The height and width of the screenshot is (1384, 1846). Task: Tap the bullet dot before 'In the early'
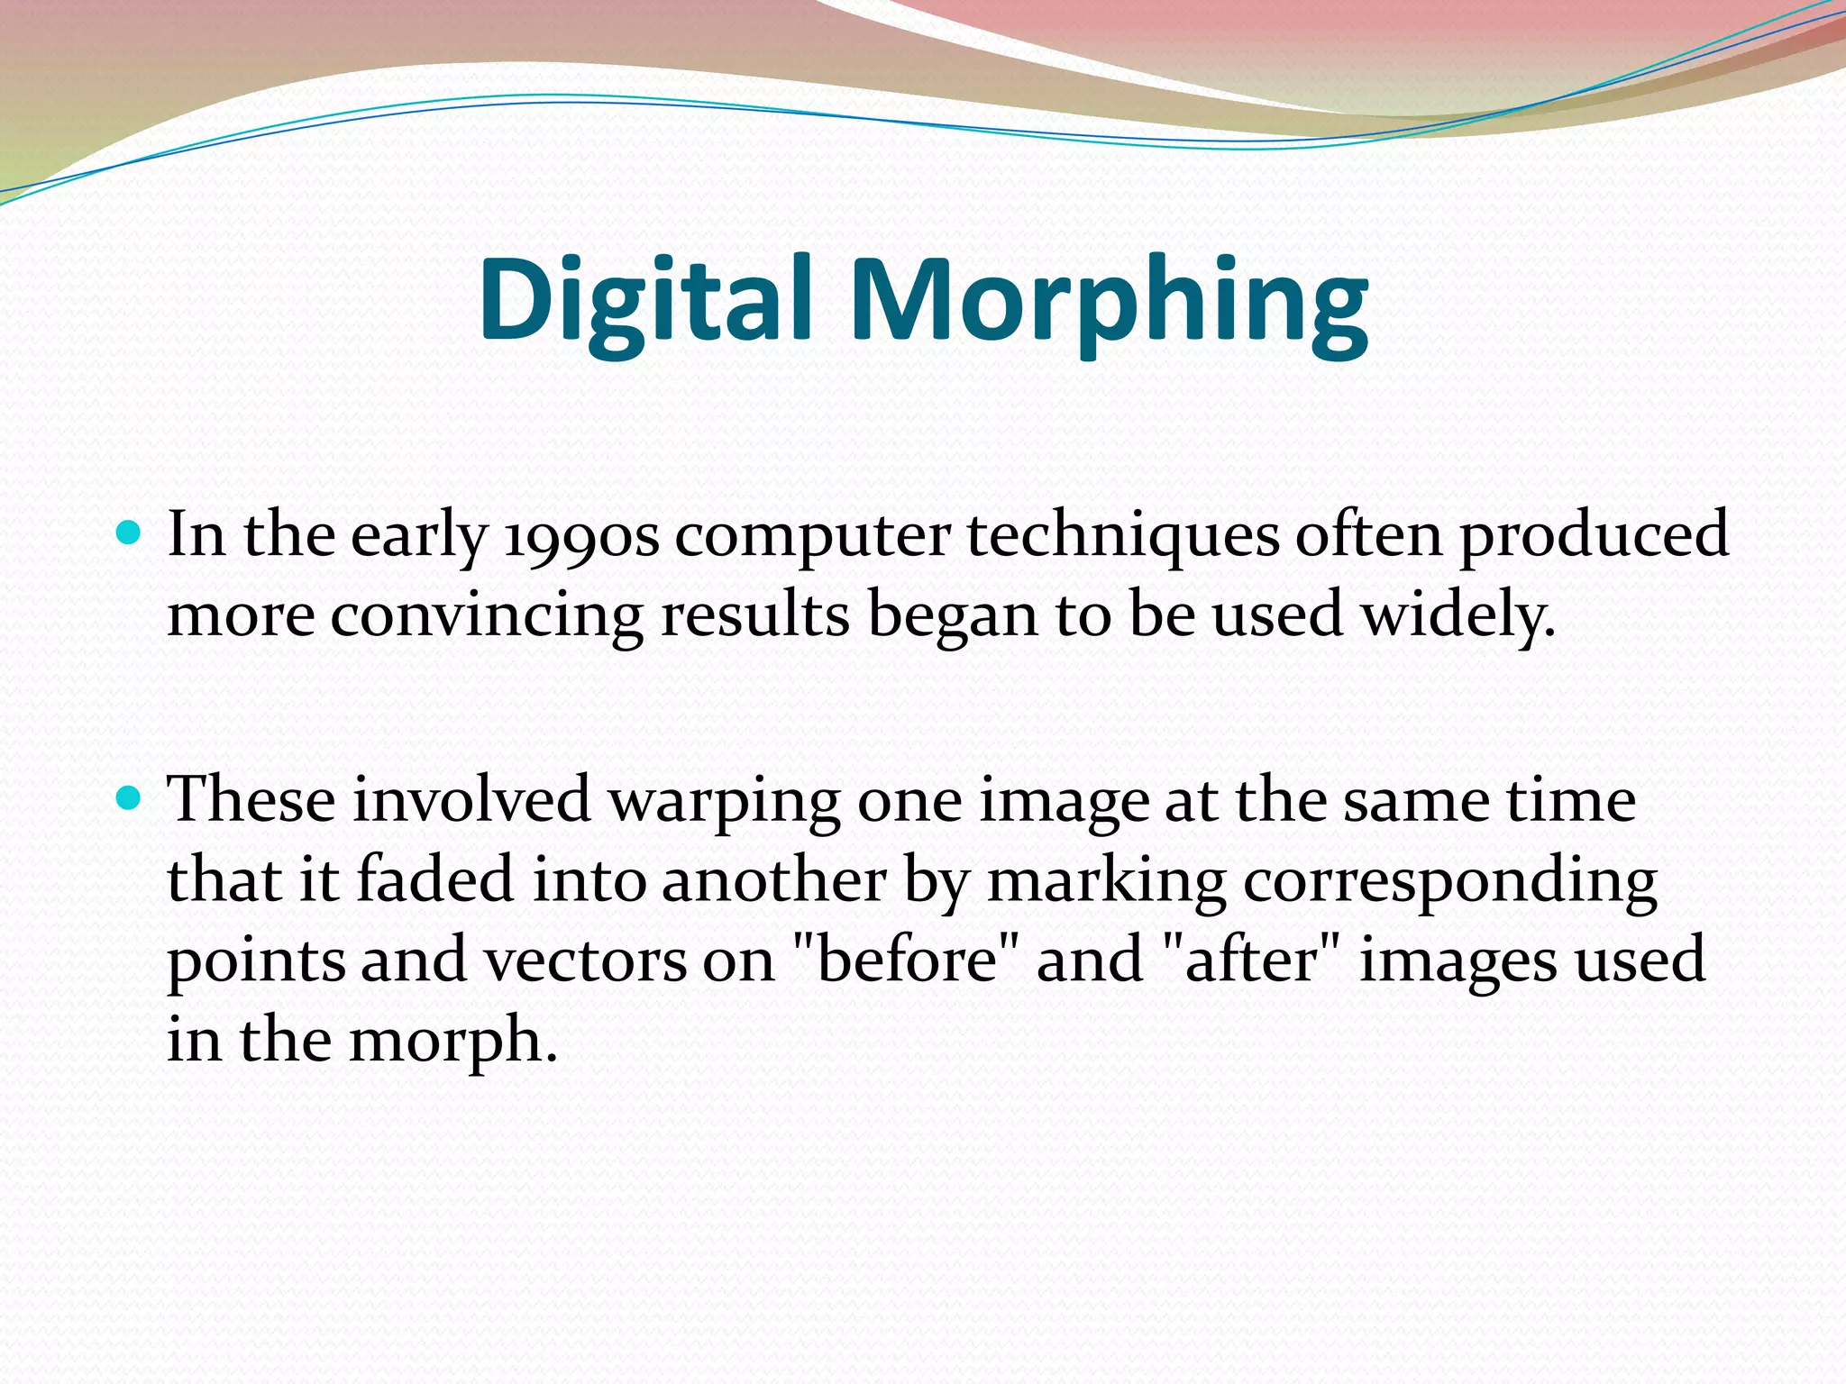point(130,534)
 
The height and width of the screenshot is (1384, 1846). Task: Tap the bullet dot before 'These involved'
point(130,798)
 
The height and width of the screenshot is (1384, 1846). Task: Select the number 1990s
point(581,536)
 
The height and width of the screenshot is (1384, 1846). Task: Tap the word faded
point(435,879)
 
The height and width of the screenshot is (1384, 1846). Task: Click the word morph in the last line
point(445,1042)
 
